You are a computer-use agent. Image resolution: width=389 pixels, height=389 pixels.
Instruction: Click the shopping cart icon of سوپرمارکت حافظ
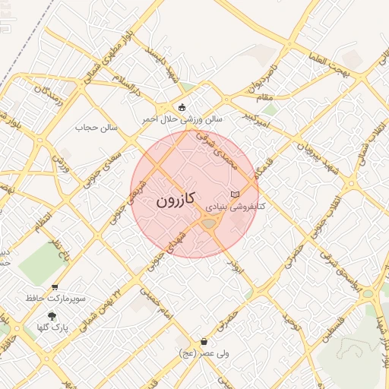(x=55, y=287)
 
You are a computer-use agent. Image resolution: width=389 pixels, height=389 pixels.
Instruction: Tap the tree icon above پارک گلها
(x=52, y=316)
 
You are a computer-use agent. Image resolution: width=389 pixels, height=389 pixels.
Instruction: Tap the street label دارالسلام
(x=126, y=84)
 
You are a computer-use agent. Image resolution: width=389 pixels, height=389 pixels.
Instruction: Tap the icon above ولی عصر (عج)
(x=204, y=343)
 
